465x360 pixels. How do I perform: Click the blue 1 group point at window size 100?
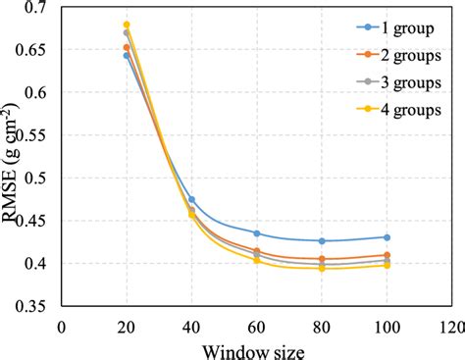pos(387,237)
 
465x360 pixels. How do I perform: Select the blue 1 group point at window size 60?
pos(256,233)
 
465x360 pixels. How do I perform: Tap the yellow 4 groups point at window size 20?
pos(127,25)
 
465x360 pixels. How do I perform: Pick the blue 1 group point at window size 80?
pos(322,241)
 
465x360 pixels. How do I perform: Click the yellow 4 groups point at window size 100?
pos(387,266)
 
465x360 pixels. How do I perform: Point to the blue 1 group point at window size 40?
pos(191,199)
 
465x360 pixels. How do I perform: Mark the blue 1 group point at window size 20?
pos(127,55)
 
